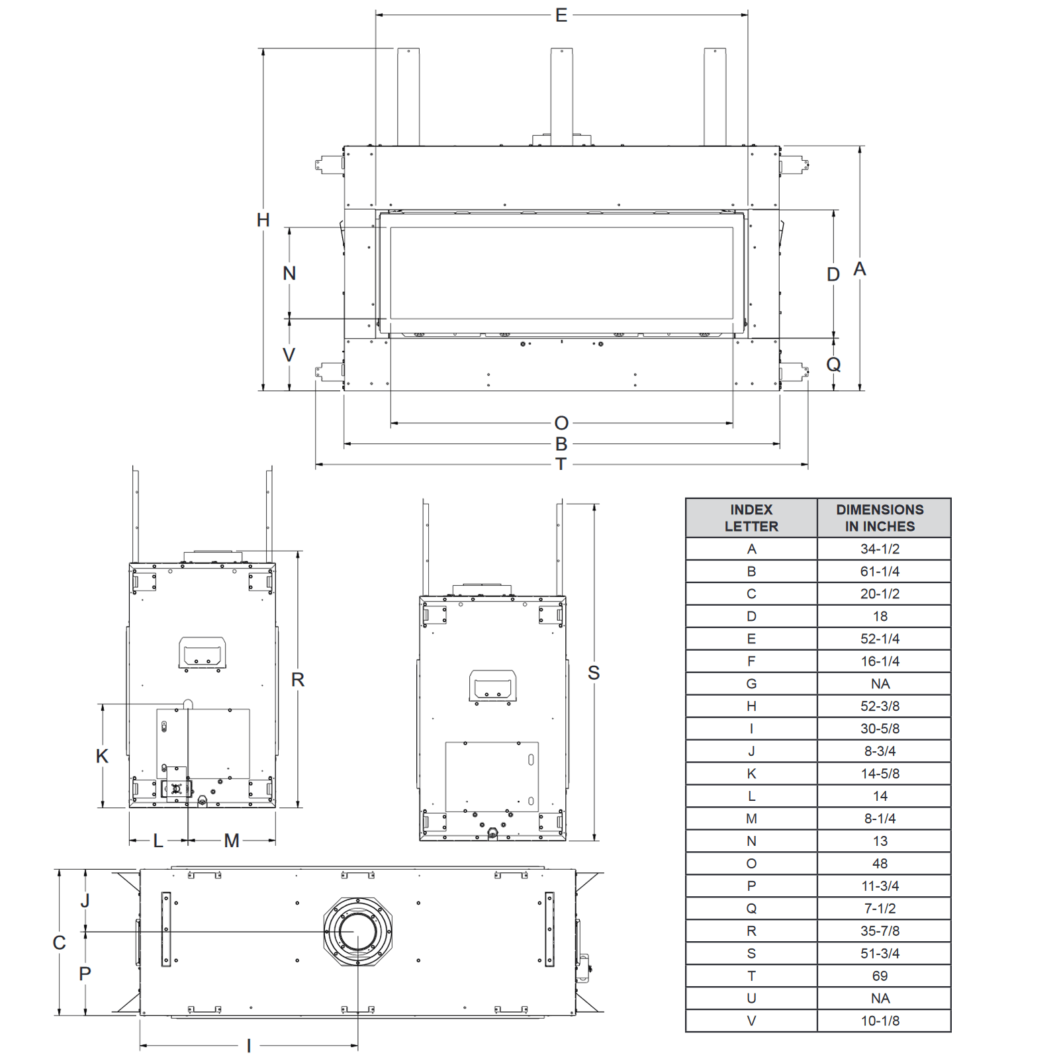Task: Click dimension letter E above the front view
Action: (561, 15)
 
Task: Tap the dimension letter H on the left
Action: (263, 220)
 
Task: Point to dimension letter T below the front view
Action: (561, 464)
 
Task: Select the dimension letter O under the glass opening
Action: (561, 423)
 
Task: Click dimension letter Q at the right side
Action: (833, 364)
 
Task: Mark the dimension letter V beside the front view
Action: (289, 355)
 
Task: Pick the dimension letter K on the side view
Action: (102, 756)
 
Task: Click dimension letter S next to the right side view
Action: (594, 672)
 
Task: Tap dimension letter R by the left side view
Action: (298, 679)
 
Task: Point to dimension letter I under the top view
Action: (249, 1046)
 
